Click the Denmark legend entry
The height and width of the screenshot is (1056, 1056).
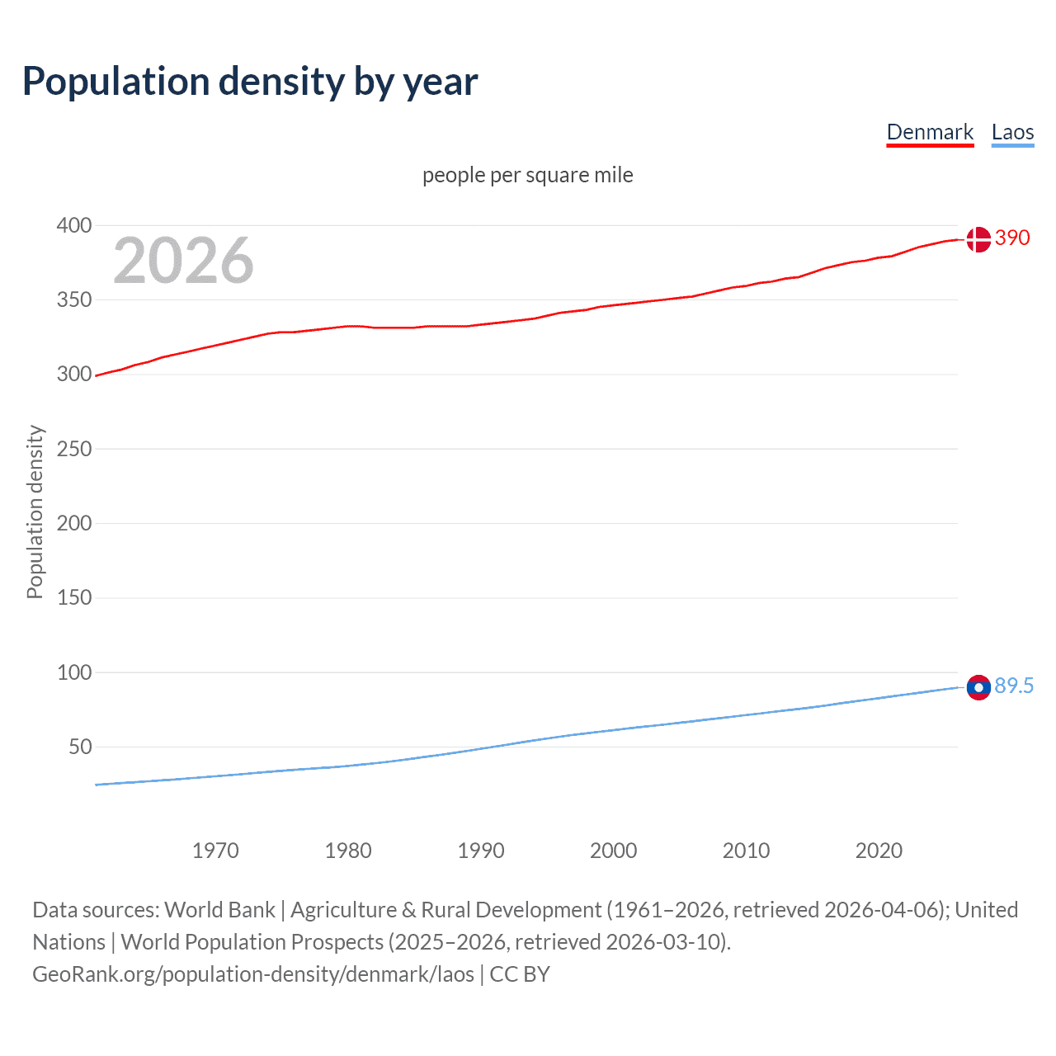tap(930, 132)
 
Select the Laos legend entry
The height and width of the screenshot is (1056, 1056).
tap(1012, 132)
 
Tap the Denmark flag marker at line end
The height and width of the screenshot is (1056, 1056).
tap(978, 239)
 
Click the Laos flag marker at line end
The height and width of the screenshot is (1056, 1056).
tap(978, 687)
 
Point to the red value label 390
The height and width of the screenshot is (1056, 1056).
tap(1012, 238)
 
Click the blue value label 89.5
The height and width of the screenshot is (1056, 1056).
tap(1014, 686)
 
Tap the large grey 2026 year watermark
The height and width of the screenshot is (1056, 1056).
tap(183, 261)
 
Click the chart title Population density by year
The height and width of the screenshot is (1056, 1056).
tap(250, 81)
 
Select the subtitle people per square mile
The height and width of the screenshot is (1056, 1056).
tap(528, 175)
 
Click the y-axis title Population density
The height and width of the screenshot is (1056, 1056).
tap(35, 511)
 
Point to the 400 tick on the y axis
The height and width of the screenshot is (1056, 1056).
tap(74, 225)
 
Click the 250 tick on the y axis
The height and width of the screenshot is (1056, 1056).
tap(74, 449)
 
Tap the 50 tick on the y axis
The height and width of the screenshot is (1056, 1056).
tap(80, 747)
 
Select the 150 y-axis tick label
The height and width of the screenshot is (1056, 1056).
tap(74, 597)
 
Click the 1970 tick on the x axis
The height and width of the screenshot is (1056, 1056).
tap(215, 851)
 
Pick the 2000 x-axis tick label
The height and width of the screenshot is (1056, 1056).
tap(613, 851)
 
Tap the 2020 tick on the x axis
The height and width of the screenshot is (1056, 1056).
tap(879, 851)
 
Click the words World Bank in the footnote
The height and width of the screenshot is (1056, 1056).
tap(219, 910)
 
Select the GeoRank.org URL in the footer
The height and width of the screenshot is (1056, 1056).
tap(253, 974)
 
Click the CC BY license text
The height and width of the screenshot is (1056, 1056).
tap(520, 974)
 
